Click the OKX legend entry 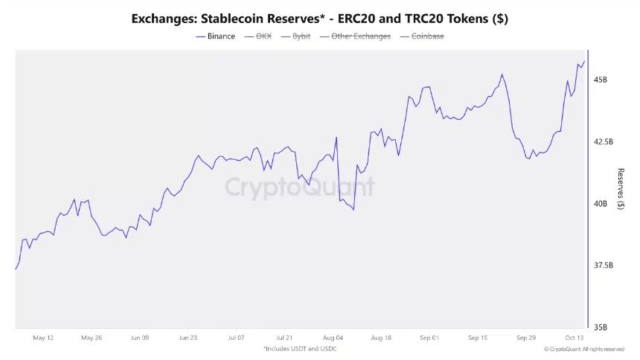[263, 36]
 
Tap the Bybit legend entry [301, 36]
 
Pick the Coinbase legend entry [427, 36]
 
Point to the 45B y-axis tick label [600, 80]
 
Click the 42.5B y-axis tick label [603, 141]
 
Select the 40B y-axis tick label [600, 203]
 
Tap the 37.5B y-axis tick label [603, 266]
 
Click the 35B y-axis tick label [600, 327]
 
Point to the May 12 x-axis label [43, 338]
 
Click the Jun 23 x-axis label [188, 338]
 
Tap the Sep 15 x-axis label [477, 338]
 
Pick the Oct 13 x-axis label [573, 338]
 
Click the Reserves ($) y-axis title [621, 189]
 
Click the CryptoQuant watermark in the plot [299, 186]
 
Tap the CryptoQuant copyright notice [583, 349]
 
